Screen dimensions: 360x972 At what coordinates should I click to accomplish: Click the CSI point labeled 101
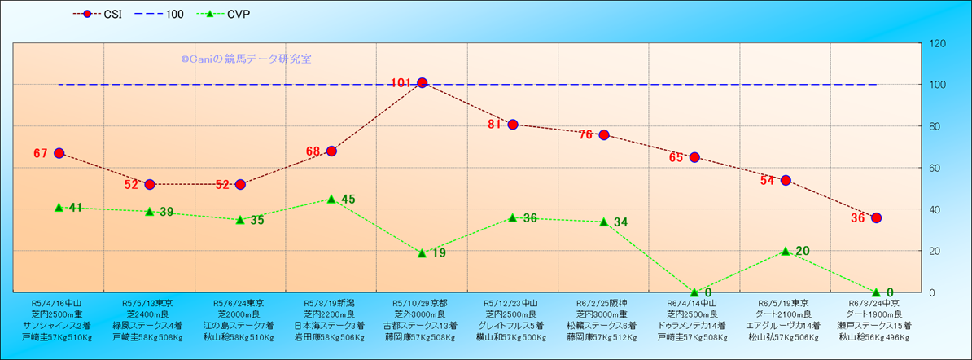point(422,82)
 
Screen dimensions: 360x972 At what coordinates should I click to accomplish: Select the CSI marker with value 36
point(876,217)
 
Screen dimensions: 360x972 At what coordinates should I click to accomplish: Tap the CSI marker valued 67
point(59,153)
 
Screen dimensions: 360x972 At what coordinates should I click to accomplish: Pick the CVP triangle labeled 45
point(331,199)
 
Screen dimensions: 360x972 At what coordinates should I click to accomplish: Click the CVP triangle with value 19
point(422,252)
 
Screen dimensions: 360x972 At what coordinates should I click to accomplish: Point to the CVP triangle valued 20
point(786,251)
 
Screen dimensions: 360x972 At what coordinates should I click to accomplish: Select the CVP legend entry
point(227,14)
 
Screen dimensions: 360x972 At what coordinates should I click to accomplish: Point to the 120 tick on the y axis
point(937,43)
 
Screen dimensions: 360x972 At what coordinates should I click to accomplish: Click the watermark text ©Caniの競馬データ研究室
point(246,59)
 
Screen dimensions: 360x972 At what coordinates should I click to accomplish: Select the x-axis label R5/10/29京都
point(421,301)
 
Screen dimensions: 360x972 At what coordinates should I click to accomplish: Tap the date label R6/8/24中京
point(876,301)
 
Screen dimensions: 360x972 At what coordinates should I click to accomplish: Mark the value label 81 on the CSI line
point(494,125)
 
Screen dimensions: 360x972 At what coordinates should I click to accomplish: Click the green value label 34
point(620,222)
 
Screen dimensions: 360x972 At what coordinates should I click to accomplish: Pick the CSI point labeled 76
point(603,134)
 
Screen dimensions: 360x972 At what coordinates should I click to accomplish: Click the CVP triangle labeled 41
point(59,207)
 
